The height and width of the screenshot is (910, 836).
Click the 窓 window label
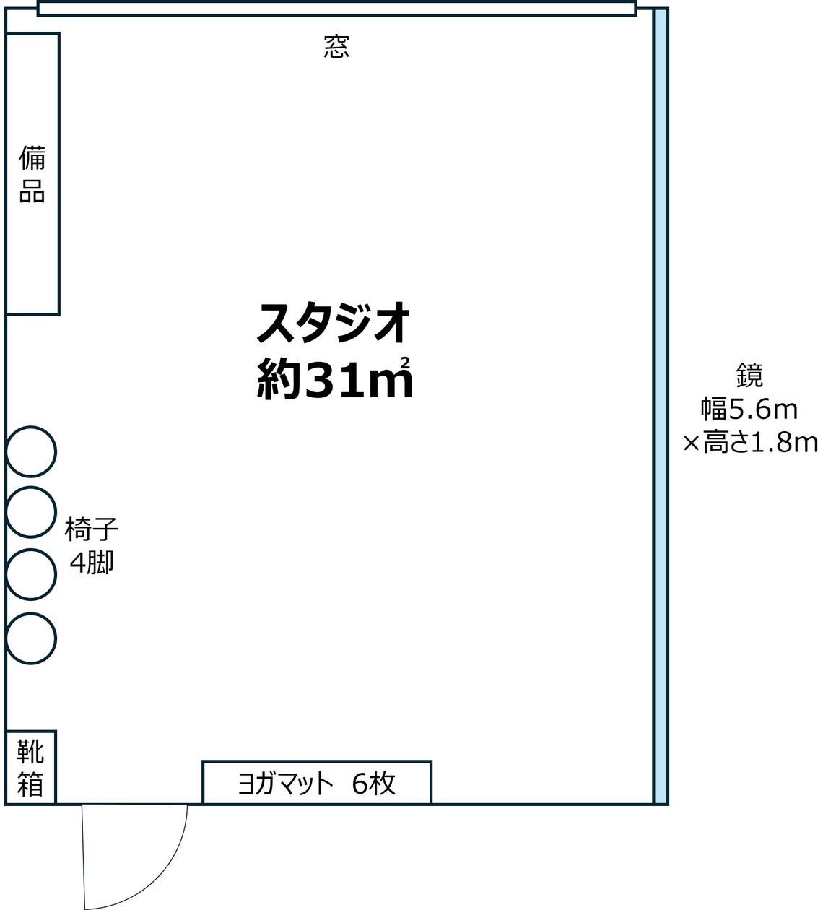pos(336,48)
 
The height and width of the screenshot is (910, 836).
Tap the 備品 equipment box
pos(32,173)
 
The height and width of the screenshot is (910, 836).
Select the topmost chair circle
pos(31,452)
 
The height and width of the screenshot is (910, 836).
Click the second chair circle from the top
pos(31,512)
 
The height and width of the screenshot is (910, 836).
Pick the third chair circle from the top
pos(31,574)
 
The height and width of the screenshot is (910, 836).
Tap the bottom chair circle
pos(31,638)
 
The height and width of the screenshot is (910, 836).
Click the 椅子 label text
pos(92,529)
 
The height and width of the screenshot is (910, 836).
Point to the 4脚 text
pos(92,562)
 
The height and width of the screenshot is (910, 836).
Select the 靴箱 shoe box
pos(30,767)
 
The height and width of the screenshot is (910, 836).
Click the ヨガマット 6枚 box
pos(317,782)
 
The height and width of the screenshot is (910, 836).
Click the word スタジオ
pos(334,323)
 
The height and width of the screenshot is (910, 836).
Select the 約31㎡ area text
pos(334,380)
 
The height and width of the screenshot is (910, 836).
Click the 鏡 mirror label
pos(749,376)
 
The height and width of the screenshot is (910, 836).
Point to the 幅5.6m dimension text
pos(749,409)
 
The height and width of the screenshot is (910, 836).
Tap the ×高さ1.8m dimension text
pos(751,442)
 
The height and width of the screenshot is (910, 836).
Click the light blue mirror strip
pos(660,404)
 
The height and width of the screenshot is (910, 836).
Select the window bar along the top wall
pos(336,9)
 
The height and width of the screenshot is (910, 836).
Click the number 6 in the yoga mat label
pos(360,783)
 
